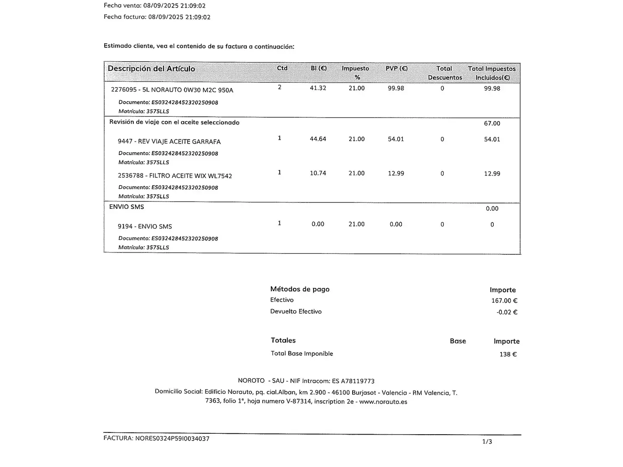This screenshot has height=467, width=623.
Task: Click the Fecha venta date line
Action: coord(154,6)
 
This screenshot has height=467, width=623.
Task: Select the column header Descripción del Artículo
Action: coord(151,69)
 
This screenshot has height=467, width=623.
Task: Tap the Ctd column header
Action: coord(282,68)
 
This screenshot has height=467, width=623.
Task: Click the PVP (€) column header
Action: coord(396,68)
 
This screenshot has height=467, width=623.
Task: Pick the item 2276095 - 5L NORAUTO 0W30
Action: coord(172,90)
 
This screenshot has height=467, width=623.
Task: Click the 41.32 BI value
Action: coord(318,88)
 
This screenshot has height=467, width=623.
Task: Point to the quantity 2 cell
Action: coord(279,87)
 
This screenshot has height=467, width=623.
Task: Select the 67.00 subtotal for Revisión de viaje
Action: coord(492,123)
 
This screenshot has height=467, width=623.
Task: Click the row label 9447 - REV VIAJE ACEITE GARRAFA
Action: coord(169,141)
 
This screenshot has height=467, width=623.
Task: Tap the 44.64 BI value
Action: coord(318,139)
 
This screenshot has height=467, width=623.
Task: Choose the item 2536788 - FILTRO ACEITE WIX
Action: coord(175,176)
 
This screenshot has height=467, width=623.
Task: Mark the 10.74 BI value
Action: coord(318,173)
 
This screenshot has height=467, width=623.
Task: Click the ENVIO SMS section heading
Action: coord(126,207)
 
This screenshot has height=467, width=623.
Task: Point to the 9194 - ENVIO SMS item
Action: coord(145,226)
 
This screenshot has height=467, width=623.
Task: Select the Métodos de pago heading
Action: coord(300,289)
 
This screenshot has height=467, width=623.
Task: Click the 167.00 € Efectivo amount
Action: coord(504,301)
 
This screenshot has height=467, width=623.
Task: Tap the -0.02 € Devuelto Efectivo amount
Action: coord(507,312)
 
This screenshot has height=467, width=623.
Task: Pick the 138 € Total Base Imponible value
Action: coord(508,354)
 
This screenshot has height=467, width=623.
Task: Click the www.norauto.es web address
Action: coord(383,401)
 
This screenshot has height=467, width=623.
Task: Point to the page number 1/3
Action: coord(487,441)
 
